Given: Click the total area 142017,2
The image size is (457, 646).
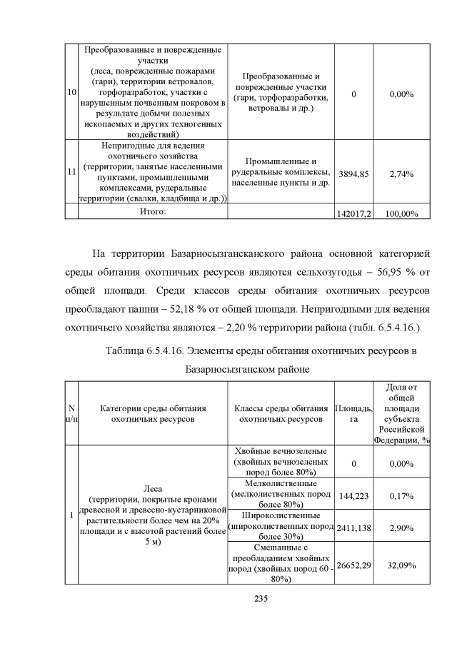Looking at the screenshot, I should coord(354,213).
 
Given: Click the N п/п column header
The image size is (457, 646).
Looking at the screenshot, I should coord(71,414).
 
